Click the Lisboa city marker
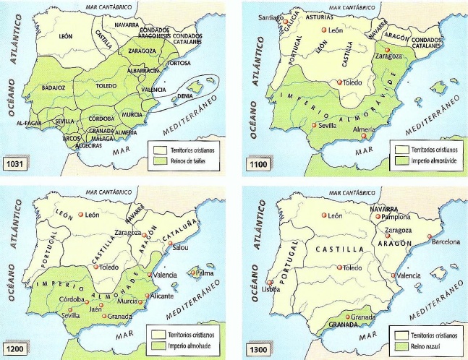pos(271,284)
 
